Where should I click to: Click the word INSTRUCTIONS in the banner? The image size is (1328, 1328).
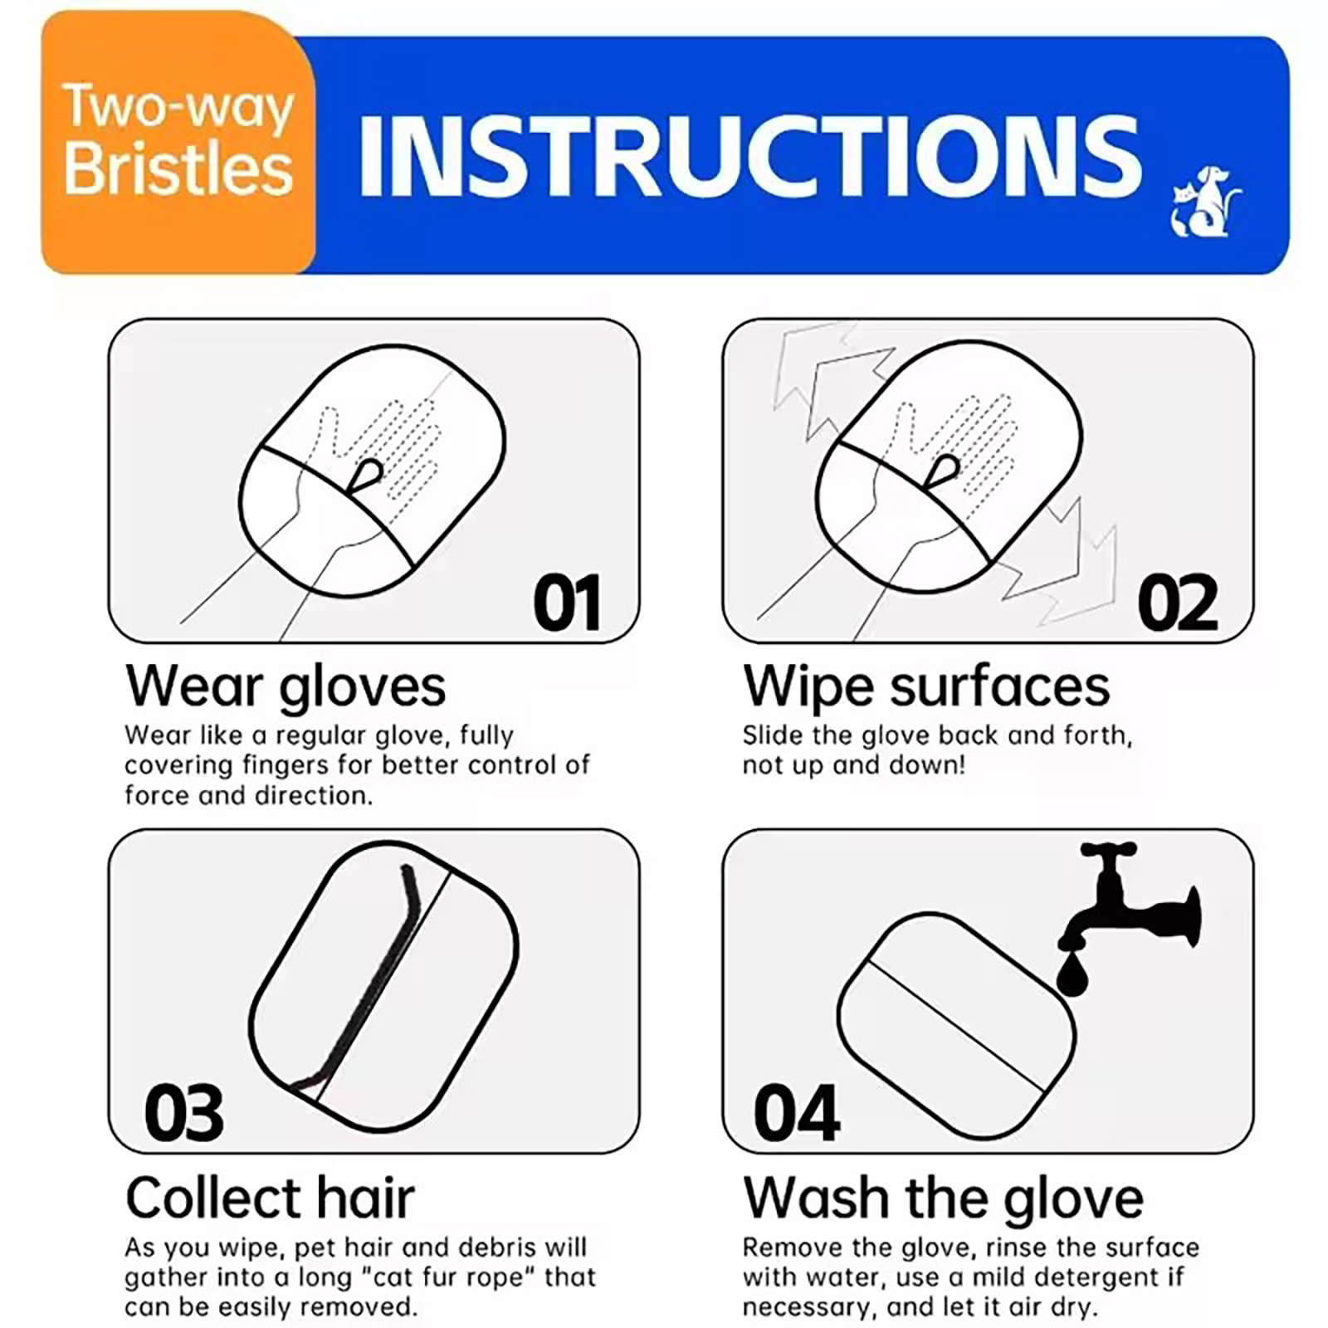click(x=749, y=156)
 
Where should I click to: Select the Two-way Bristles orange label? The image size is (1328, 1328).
click(x=178, y=141)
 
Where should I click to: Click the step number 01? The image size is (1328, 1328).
click(x=567, y=603)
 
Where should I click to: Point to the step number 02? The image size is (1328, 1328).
click(x=1178, y=603)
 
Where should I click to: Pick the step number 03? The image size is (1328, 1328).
click(x=184, y=1113)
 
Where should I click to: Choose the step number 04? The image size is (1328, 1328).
click(x=797, y=1113)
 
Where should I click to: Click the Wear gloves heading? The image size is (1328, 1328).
click(x=286, y=687)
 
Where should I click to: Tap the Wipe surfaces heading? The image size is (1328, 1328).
click(x=926, y=687)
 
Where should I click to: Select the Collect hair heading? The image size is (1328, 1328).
click(x=270, y=1198)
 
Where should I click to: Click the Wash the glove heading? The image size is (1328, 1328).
click(x=943, y=1198)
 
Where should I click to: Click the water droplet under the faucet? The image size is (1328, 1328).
click(x=1072, y=974)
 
